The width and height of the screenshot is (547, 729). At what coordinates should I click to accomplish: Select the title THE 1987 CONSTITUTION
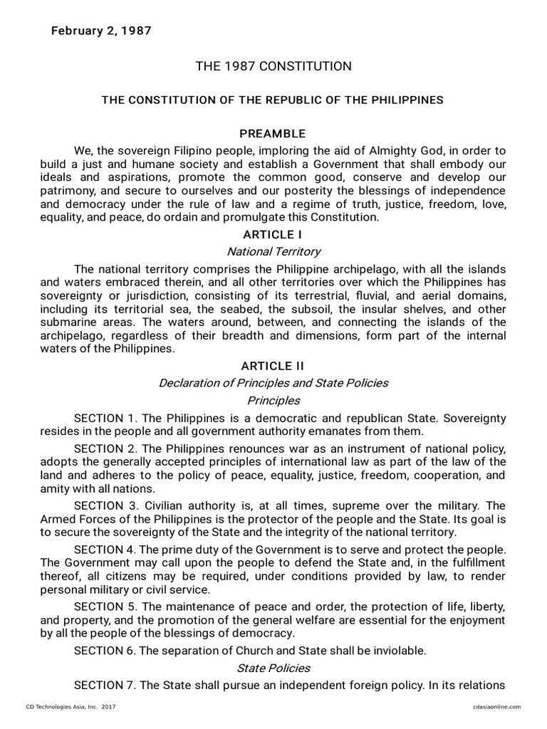coord(273,66)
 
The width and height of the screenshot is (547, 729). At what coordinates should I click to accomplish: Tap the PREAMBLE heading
coord(273,134)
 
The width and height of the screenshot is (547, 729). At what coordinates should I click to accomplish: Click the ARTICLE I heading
coord(273,234)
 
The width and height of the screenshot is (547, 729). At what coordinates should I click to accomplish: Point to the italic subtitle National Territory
coord(273,251)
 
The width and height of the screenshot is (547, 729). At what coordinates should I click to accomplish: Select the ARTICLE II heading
coord(273,366)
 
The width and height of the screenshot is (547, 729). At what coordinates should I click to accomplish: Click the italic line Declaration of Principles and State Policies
coord(273,383)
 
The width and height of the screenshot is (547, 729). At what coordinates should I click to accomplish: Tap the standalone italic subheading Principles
coord(273,400)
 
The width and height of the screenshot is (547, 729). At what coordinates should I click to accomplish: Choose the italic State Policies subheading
coord(273,668)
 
